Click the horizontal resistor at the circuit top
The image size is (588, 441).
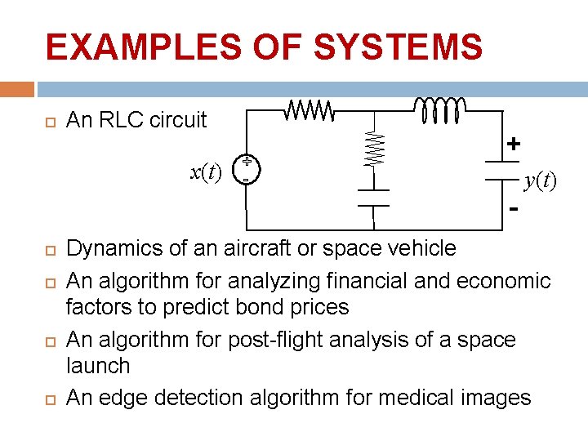(309, 108)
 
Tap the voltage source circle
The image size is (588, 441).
(246, 168)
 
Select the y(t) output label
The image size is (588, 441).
(541, 180)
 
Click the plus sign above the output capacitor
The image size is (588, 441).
(514, 145)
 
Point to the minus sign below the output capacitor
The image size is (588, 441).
(514, 210)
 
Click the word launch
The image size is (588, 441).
(97, 365)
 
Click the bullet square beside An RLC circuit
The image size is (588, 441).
(49, 121)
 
